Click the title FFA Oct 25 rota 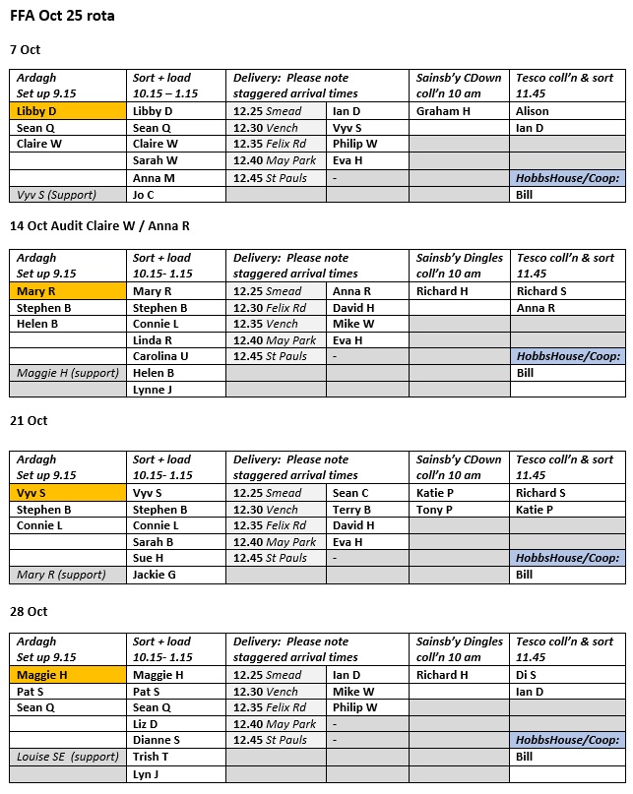pos(62,17)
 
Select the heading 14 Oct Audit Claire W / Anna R pos(99,225)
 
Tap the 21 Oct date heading pos(29,420)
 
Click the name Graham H pos(443,111)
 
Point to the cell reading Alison pos(533,111)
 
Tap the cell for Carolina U pos(160,356)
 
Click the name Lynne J pos(152,390)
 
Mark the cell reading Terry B pos(351,510)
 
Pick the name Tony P pos(434,510)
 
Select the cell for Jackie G pos(155,575)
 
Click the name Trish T pos(151,757)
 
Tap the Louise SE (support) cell pos(67,757)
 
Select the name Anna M pos(154,178)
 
